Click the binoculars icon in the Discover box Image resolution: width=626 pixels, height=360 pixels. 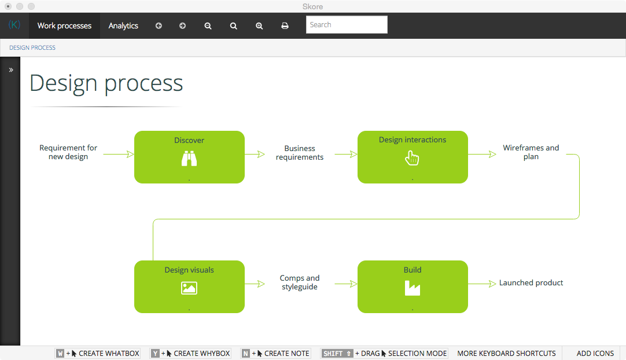(189, 158)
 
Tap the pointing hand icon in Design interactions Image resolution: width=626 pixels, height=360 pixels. (412, 158)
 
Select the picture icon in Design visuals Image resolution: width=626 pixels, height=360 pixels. (189, 288)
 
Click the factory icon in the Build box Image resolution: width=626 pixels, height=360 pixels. (413, 288)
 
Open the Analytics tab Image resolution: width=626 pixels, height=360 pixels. (123, 25)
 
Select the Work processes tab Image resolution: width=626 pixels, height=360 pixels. (64, 25)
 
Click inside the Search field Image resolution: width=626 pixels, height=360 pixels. (347, 25)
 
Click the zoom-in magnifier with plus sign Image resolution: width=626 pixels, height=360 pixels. (259, 26)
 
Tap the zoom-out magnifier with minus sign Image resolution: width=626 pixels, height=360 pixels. (208, 26)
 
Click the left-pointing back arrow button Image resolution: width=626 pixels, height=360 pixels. (159, 25)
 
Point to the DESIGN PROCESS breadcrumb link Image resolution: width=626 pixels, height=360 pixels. (32, 47)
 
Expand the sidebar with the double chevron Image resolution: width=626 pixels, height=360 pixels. (11, 70)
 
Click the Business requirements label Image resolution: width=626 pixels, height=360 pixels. (300, 153)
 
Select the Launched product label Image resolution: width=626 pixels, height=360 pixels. (531, 283)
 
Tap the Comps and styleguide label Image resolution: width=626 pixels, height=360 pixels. (300, 282)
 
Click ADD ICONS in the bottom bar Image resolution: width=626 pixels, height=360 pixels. (595, 354)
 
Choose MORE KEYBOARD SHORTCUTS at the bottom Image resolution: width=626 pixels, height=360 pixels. (506, 354)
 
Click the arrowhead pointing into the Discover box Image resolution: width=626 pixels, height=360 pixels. (130, 154)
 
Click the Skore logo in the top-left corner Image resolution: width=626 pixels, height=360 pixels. (14, 25)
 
